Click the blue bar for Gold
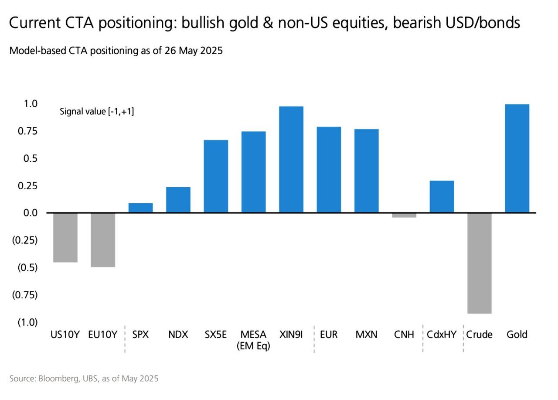tap(517, 158)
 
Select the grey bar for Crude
tap(479, 263)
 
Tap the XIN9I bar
tap(291, 160)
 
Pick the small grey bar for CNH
tap(404, 215)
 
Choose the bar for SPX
tap(140, 208)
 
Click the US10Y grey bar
tap(65, 238)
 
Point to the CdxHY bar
tap(442, 197)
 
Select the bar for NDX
tap(178, 200)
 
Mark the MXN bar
tap(367, 171)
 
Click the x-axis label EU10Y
tap(102, 335)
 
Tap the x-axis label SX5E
tap(216, 335)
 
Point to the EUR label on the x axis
tap(329, 335)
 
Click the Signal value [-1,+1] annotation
tap(97, 112)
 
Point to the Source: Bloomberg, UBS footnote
tap(84, 379)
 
